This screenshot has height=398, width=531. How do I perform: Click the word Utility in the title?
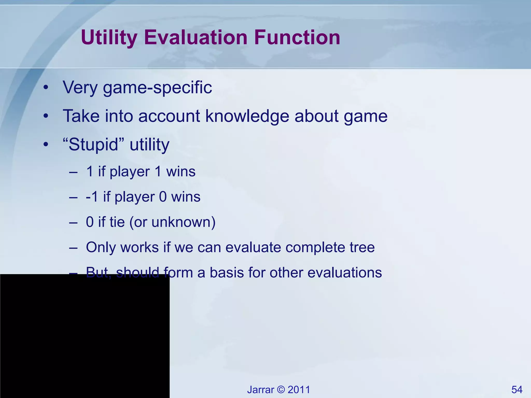pyautogui.click(x=109, y=38)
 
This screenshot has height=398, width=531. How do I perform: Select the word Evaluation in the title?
pyautogui.click(x=196, y=38)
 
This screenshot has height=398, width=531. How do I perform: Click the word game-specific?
pyautogui.click(x=157, y=88)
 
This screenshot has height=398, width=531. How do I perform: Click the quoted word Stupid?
pyautogui.click(x=93, y=144)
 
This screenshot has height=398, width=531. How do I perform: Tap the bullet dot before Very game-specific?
pyautogui.click(x=46, y=88)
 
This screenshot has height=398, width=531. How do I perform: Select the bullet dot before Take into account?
pyautogui.click(x=46, y=116)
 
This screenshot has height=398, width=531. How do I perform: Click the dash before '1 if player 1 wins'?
pyautogui.click(x=73, y=172)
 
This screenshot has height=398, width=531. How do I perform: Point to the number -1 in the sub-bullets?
pyautogui.click(x=92, y=197)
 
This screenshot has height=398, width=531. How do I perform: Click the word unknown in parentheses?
pyautogui.click(x=180, y=222)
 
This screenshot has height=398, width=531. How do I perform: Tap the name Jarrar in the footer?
pyautogui.click(x=260, y=390)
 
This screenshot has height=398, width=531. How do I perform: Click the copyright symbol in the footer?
pyautogui.click(x=281, y=390)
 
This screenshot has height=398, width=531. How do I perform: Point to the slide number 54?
pyautogui.click(x=517, y=390)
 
